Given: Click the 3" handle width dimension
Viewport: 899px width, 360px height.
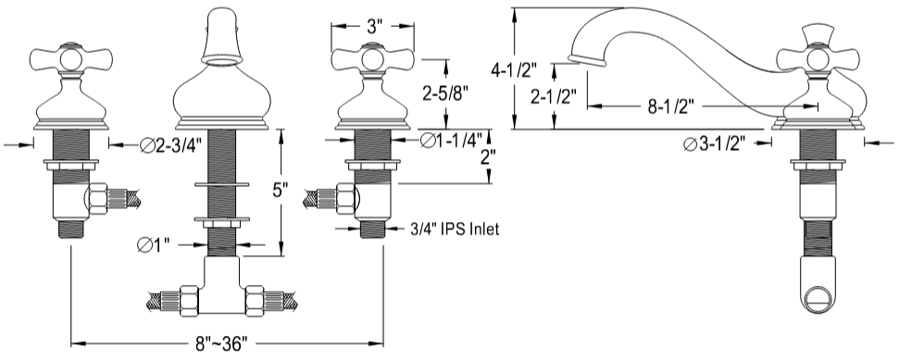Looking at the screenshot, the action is click(373, 26).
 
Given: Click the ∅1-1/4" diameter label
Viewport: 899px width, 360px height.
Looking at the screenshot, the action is click(452, 140).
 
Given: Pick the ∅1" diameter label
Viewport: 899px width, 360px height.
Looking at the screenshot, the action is click(154, 245).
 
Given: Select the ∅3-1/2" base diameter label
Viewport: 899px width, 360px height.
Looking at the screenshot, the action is click(715, 144).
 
